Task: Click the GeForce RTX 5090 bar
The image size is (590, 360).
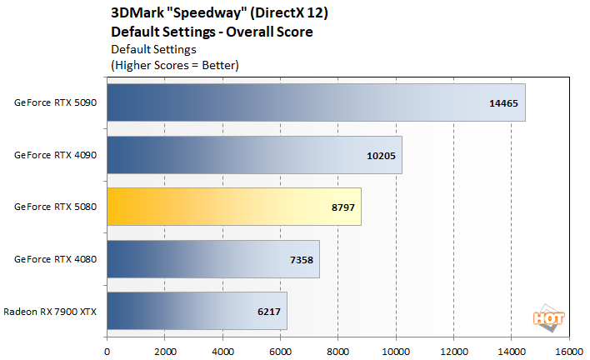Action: tap(316, 102)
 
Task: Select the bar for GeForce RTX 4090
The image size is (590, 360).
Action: tap(254, 155)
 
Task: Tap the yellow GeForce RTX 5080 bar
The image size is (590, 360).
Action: tap(233, 207)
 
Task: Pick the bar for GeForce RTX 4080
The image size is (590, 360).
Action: tap(212, 259)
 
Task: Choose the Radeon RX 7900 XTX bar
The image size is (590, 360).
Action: tap(197, 311)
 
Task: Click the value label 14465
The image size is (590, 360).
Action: tap(502, 103)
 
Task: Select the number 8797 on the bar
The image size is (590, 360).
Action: tap(341, 207)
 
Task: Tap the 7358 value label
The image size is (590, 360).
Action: tap(300, 260)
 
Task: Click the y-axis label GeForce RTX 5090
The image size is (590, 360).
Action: tap(56, 103)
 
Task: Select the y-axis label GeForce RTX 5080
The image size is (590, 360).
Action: tap(56, 207)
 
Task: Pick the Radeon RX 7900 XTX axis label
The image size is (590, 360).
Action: tap(50, 311)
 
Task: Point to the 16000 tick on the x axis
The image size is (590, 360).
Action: tap(569, 351)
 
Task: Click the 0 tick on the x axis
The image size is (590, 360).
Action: tap(107, 351)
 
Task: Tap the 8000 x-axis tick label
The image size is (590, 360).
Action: tap(338, 351)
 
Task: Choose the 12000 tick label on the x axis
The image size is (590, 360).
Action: tap(453, 351)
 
